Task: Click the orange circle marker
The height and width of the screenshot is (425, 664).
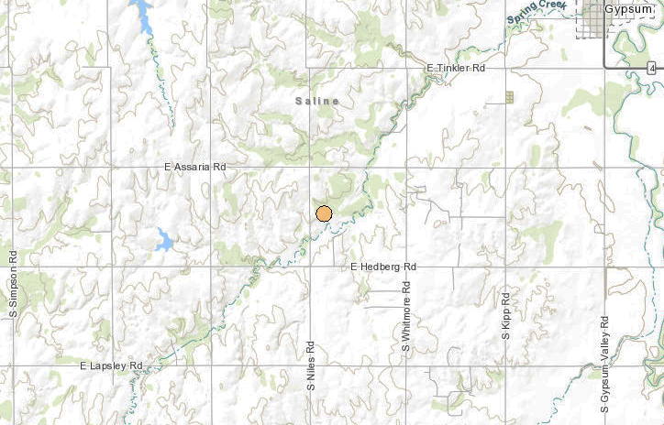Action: pyautogui.click(x=324, y=213)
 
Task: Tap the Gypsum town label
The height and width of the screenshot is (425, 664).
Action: pyautogui.click(x=630, y=8)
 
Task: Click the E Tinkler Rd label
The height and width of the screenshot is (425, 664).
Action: pyautogui.click(x=455, y=69)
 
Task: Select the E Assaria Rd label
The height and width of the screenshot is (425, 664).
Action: pyautogui.click(x=194, y=168)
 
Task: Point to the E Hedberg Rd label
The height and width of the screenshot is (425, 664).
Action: pyautogui.click(x=383, y=267)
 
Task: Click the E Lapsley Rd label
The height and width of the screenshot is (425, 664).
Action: pyautogui.click(x=112, y=365)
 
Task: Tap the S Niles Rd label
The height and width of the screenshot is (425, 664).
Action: pyautogui.click(x=311, y=367)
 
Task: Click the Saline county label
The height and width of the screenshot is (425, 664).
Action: pyautogui.click(x=317, y=100)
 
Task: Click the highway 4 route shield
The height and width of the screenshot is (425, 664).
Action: pyautogui.click(x=650, y=68)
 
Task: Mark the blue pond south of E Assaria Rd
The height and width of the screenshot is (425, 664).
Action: pyautogui.click(x=163, y=240)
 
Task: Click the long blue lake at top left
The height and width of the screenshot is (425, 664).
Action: pyautogui.click(x=143, y=16)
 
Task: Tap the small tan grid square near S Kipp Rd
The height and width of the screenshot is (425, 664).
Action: pyautogui.click(x=510, y=96)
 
